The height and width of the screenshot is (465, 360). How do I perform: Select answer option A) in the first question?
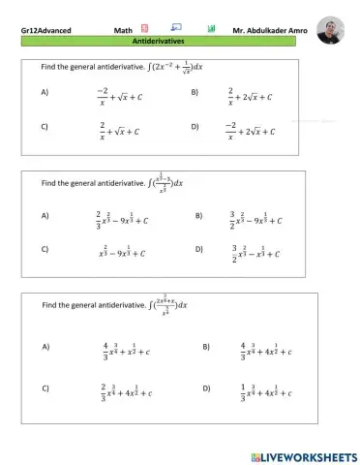coord(45,92)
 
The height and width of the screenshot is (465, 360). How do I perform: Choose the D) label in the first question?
coord(195,127)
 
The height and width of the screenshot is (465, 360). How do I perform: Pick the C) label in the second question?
coord(45,249)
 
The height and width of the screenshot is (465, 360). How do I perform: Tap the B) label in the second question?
coord(199,215)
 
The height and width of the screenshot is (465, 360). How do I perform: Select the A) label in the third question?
coord(45,346)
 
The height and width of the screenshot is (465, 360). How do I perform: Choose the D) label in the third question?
coord(206,389)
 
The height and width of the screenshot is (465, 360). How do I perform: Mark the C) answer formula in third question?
coord(126,390)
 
